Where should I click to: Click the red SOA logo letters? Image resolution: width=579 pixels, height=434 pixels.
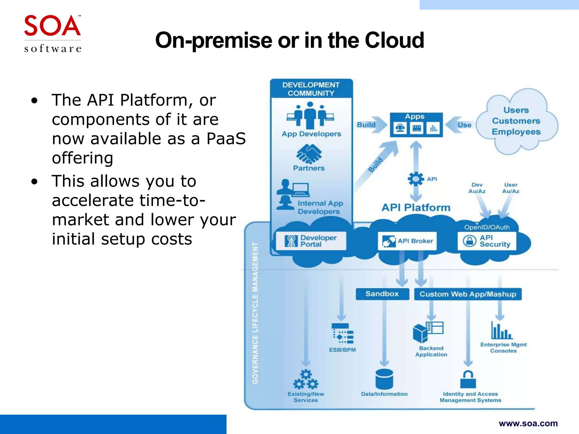click(52, 26)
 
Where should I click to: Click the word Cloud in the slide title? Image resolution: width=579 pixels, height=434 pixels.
click(394, 40)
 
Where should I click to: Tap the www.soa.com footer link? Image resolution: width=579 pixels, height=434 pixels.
click(528, 423)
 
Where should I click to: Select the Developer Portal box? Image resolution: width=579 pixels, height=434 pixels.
click(311, 241)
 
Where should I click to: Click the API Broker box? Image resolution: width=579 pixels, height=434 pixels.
click(407, 241)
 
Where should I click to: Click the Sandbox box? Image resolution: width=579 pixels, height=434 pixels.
click(382, 294)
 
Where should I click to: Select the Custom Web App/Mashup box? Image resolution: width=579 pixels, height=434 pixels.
click(468, 294)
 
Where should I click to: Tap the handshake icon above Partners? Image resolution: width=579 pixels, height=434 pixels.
click(309, 154)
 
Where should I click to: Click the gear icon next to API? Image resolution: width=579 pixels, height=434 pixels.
click(416, 179)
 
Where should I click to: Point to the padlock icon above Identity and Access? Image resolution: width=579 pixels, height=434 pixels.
click(468, 379)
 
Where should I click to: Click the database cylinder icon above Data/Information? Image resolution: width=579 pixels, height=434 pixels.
click(384, 379)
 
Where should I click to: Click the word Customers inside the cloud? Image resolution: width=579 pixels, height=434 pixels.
click(516, 121)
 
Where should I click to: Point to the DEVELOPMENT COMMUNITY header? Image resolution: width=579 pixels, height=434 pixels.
click(311, 89)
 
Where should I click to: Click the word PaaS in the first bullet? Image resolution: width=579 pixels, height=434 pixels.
click(226, 139)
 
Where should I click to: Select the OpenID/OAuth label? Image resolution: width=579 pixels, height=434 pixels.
click(487, 227)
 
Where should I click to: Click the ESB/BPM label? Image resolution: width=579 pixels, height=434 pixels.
click(342, 350)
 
